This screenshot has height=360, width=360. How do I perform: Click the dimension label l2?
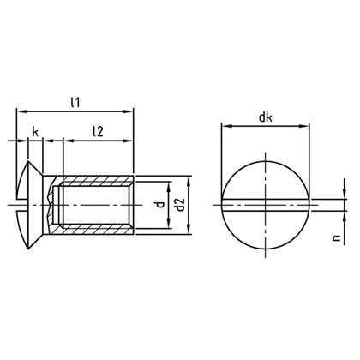click(x=98, y=130)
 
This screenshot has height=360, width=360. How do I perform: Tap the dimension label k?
click(x=35, y=130)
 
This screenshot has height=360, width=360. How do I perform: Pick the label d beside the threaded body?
click(x=158, y=205)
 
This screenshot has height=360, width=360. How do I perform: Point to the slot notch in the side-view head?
click(x=22, y=205)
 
